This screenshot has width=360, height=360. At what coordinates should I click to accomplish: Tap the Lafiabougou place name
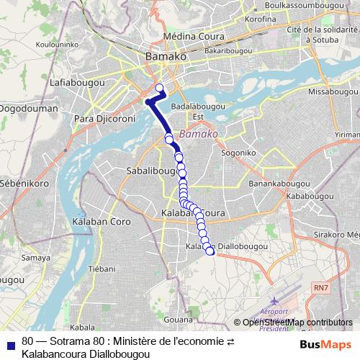[77, 84]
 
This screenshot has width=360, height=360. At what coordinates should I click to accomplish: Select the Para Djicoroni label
[105, 117]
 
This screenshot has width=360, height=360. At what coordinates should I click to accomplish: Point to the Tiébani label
[102, 269]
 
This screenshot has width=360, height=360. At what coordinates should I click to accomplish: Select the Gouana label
[179, 317]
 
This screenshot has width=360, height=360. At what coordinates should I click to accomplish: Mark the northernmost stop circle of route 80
[160, 89]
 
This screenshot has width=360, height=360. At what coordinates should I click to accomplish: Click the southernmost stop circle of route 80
[210, 251]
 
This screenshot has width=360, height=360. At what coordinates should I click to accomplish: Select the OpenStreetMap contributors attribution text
[297, 322]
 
